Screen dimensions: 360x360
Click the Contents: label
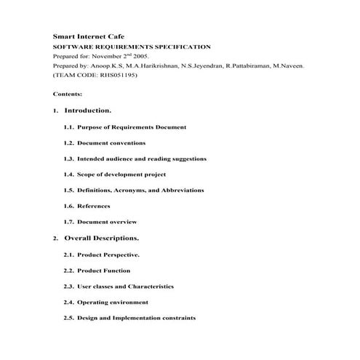tap(68, 94)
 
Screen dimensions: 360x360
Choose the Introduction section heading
tap(87, 111)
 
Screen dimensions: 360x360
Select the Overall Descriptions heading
tap(101, 238)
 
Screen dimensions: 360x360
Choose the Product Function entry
tap(103, 271)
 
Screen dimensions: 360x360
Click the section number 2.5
tap(68, 318)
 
